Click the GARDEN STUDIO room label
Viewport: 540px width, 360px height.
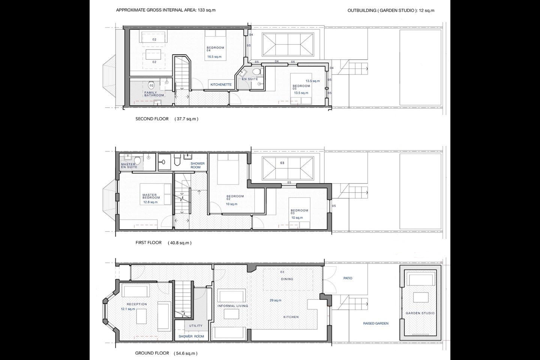point(420,313)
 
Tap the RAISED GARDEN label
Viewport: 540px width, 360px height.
point(376,323)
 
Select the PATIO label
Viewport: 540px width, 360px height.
point(348,278)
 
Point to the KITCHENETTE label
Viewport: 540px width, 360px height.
point(221,85)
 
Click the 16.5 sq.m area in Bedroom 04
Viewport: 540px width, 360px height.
point(214,57)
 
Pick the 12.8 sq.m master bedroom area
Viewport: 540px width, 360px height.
point(150,202)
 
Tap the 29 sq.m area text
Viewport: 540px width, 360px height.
point(275,300)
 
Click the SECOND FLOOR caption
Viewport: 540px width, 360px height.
point(152,118)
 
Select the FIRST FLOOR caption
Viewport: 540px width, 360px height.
point(148,243)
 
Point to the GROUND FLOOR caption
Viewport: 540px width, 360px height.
point(152,353)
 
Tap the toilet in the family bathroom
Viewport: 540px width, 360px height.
point(151,85)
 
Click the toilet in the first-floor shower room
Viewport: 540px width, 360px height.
point(177,160)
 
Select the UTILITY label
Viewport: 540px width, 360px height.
point(196,326)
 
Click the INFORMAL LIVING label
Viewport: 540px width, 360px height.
point(232,306)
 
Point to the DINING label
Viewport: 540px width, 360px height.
point(287,279)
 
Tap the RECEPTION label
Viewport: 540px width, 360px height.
point(136,304)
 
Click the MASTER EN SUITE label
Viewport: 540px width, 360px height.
point(129,166)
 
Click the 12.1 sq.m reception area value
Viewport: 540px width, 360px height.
point(128,309)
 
